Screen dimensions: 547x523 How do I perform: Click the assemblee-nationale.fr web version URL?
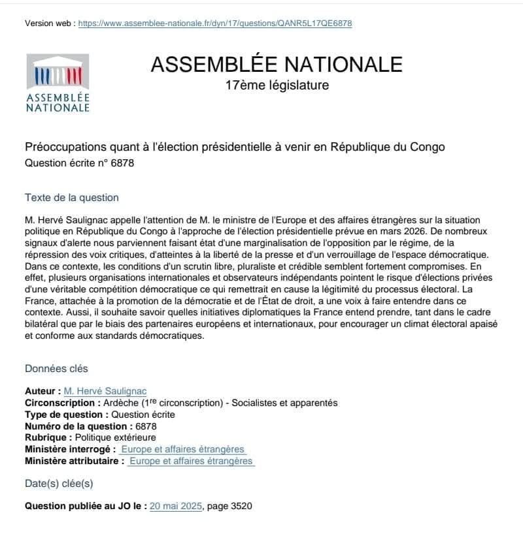coord(215,23)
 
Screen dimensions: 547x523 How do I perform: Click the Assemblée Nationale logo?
coord(58,82)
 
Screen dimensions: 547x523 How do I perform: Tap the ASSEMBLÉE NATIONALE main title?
coord(277,64)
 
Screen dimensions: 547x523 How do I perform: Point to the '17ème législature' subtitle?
coord(277,85)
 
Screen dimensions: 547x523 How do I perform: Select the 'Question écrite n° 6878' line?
coord(79,163)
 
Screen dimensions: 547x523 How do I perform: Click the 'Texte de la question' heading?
coord(72,198)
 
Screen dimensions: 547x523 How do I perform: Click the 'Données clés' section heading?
coord(56,369)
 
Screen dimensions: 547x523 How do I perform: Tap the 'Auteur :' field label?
coord(42,392)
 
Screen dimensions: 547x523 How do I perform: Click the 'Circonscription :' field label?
coord(63,403)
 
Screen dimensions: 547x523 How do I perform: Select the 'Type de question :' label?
coord(67,414)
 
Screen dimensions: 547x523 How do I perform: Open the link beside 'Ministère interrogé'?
coord(182,449)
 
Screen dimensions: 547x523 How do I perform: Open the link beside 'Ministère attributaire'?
coord(190,461)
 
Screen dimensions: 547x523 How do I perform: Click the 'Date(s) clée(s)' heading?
coord(59,484)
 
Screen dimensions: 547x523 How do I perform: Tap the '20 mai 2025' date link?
coord(177,506)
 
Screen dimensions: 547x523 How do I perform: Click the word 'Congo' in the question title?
coord(426,147)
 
